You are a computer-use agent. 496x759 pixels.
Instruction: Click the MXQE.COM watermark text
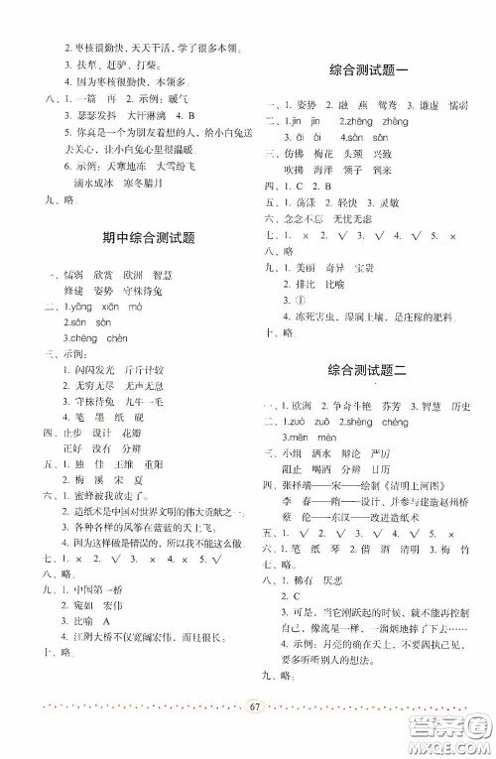pos(450,745)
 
